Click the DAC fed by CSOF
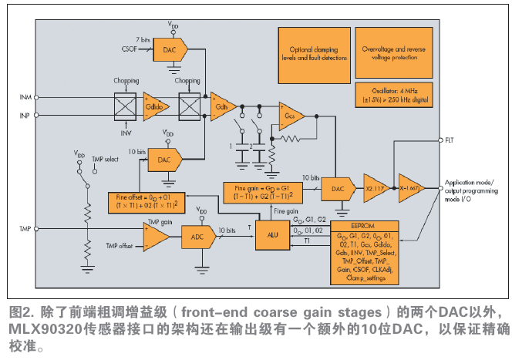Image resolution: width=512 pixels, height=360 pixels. (x=169, y=51)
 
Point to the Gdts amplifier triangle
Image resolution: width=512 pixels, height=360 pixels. (x=221, y=105)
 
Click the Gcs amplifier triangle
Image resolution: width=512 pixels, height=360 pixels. (x=290, y=116)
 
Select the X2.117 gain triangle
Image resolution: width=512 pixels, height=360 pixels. (x=376, y=187)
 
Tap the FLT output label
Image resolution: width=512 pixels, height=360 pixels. (x=450, y=140)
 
